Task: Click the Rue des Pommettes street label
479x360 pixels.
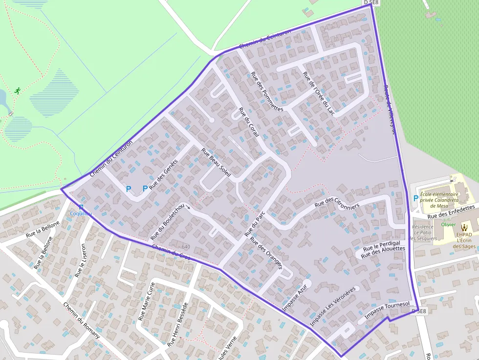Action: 267,92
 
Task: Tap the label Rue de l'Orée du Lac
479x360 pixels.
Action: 319,94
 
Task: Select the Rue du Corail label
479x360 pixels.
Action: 248,122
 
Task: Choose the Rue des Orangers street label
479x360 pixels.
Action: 266,253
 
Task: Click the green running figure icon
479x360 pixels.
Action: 18,90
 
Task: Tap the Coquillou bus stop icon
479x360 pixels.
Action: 81,207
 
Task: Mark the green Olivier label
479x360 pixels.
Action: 448,225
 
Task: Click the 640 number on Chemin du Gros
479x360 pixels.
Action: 186,247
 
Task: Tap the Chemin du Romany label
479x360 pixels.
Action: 82,320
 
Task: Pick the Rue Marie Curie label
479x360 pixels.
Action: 147,301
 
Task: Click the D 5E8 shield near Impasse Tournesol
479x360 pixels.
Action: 419,311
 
